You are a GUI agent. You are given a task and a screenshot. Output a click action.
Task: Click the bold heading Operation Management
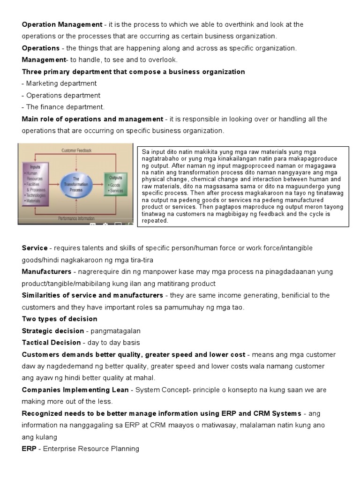pyautogui.click(x=62, y=24)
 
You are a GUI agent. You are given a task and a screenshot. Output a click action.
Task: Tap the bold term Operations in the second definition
pyautogui.click(x=40, y=48)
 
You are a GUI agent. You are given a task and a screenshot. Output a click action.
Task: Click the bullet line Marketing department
pyautogui.click(x=59, y=83)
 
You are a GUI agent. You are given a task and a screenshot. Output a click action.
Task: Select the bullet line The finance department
pyautogui.click(x=63, y=107)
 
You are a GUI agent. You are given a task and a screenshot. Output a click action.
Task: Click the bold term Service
pyautogui.click(x=35, y=247)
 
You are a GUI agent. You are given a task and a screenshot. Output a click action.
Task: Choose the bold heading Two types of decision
pyautogui.click(x=60, y=319)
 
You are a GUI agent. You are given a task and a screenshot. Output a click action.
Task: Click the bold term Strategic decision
pyautogui.click(x=53, y=331)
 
